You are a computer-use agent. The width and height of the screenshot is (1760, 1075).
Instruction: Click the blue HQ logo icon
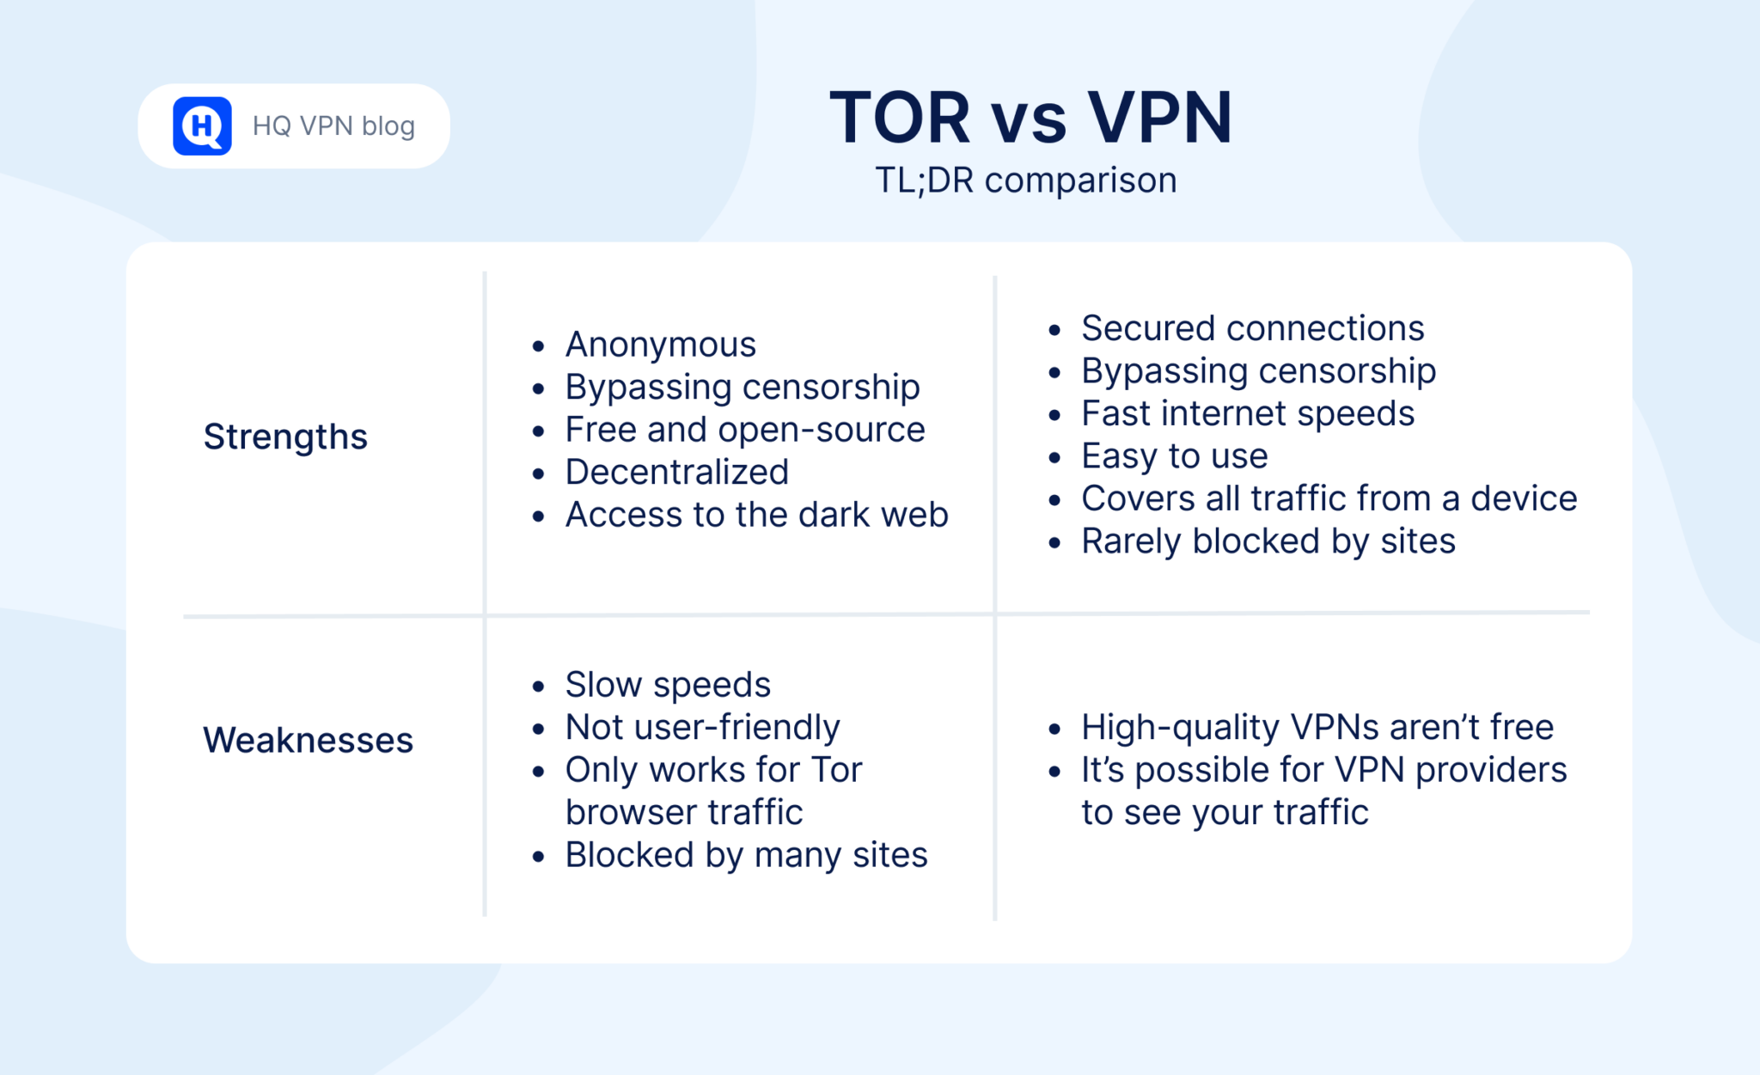(x=202, y=126)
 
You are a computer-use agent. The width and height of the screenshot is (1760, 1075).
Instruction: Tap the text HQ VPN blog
(x=333, y=126)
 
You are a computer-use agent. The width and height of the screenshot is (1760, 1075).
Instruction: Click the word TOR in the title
(x=900, y=118)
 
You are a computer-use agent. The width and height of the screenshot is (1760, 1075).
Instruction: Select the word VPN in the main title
(x=1159, y=118)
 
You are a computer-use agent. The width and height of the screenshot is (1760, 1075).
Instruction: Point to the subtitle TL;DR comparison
(x=1026, y=180)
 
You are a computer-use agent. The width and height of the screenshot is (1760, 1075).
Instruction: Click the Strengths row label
(x=285, y=437)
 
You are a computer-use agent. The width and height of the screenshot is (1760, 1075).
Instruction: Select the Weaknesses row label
(x=308, y=740)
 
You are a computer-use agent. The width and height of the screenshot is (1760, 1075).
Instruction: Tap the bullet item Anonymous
(x=660, y=345)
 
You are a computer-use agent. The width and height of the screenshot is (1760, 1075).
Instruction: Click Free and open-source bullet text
(x=744, y=430)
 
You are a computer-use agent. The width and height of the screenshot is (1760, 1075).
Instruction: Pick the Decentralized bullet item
(x=676, y=472)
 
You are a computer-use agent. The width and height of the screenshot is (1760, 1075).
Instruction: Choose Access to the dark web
(x=756, y=515)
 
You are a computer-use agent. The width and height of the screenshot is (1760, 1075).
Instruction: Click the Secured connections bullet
(x=1252, y=328)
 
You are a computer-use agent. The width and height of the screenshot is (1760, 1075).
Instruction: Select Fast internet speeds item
(x=1247, y=413)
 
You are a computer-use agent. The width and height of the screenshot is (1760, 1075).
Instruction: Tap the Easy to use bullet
(x=1174, y=456)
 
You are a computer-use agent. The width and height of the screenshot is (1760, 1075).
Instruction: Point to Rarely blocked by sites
(x=1268, y=541)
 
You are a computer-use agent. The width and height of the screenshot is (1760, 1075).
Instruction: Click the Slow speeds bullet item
(x=668, y=685)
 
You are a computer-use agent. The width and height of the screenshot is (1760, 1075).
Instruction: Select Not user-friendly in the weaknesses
(x=702, y=728)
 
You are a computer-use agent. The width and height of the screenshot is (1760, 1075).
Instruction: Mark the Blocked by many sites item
(x=746, y=855)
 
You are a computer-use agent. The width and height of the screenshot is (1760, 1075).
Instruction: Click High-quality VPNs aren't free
(x=1317, y=728)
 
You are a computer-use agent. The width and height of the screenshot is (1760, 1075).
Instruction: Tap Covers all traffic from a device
(x=1329, y=498)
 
